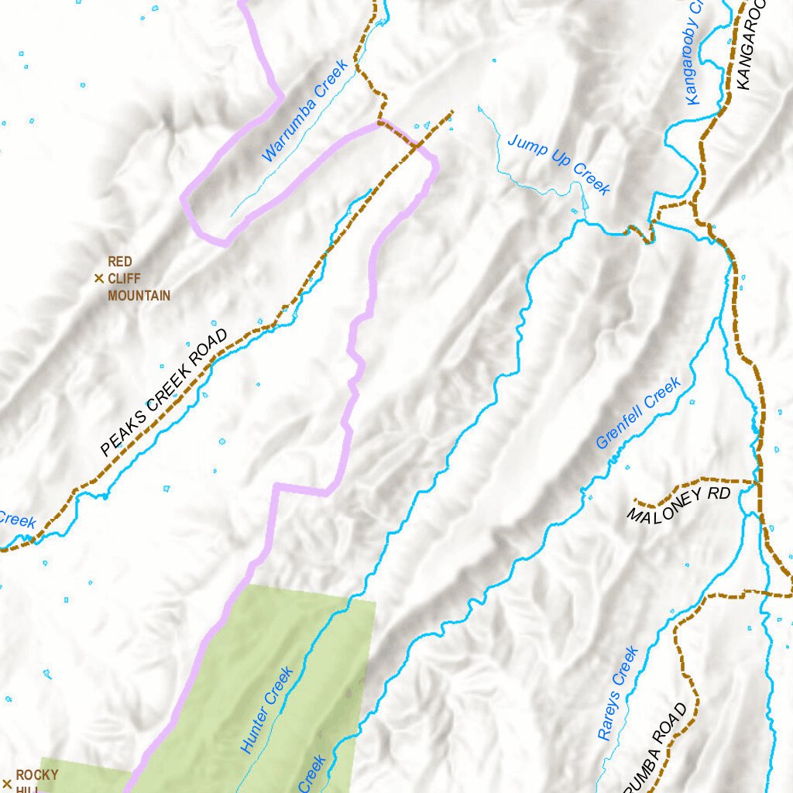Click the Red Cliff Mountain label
pos(138,279)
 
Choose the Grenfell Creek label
pos(638,413)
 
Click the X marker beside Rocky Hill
pos(7,783)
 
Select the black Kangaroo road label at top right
pos(750,46)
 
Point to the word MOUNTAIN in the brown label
pos(139,296)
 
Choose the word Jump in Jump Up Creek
pos(524,145)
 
